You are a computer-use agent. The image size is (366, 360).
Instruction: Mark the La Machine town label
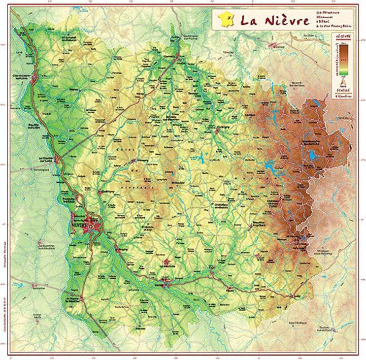pos(168,266)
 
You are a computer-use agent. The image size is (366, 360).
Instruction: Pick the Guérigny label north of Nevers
pos(107,191)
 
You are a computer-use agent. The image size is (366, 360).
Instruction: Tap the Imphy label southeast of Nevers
pos(122,249)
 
